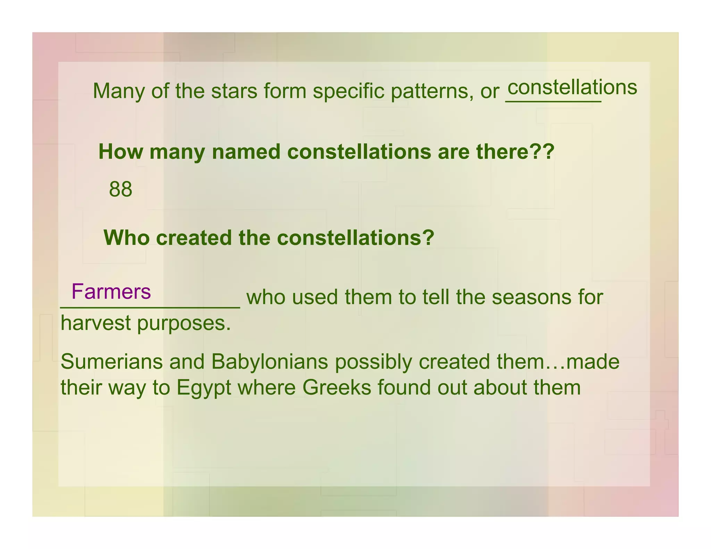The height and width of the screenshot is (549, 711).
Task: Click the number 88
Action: (x=120, y=189)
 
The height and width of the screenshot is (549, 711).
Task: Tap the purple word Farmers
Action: (x=111, y=292)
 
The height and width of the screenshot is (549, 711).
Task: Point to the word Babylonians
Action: (x=269, y=362)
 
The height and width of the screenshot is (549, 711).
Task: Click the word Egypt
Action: (x=204, y=388)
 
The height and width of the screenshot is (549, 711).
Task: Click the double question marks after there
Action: (x=545, y=152)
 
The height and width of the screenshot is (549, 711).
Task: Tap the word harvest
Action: (x=95, y=323)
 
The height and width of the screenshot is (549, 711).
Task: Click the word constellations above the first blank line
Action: (x=572, y=87)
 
